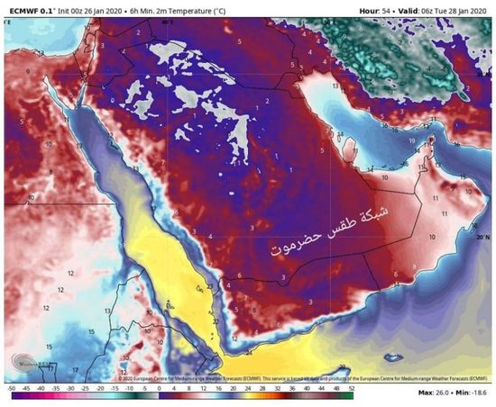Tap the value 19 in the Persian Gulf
point(409,142)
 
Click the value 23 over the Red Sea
point(209,287)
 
